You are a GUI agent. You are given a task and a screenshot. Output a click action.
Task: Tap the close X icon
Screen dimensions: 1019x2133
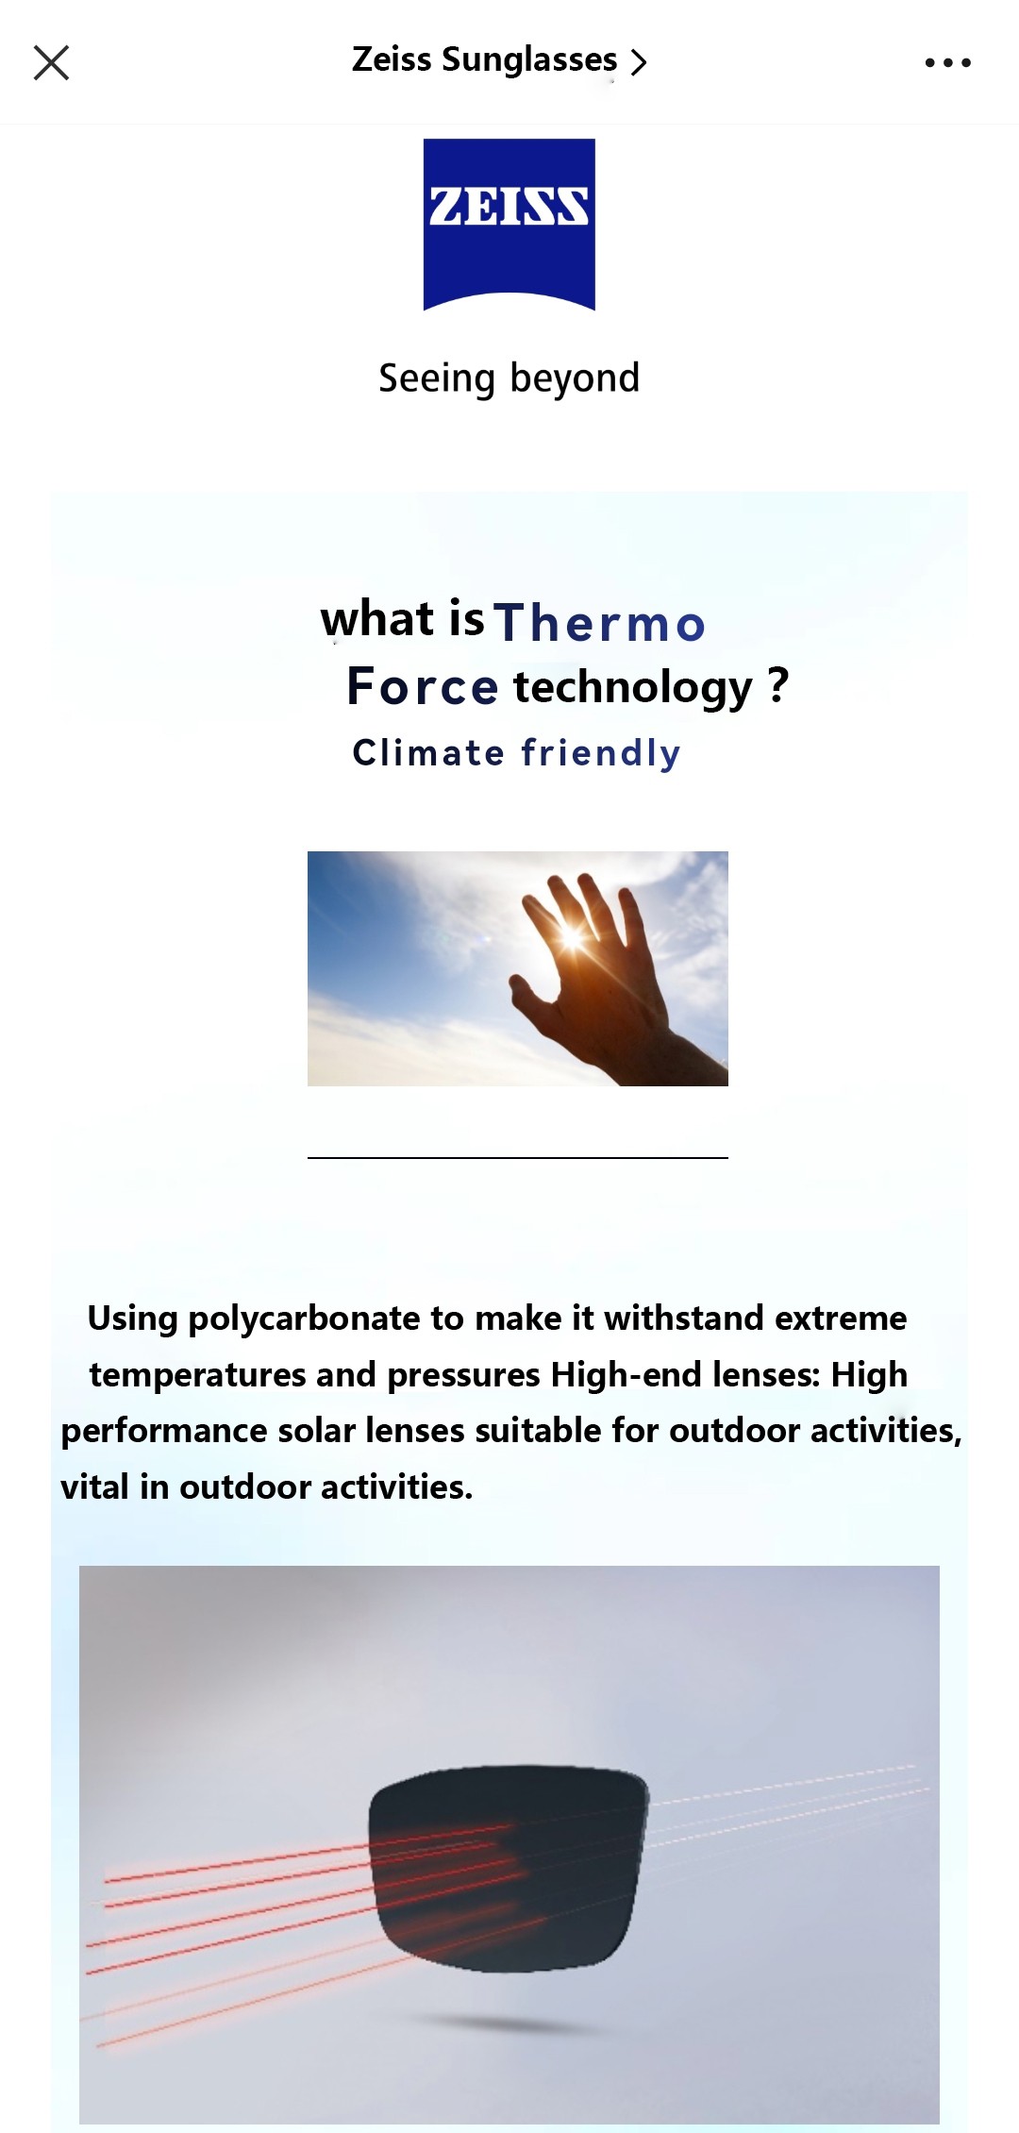pos(51,63)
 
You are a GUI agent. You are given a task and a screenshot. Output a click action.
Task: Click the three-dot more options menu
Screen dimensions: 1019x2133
pos(947,63)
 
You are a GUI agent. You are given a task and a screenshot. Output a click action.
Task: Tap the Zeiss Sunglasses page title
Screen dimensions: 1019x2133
pos(484,59)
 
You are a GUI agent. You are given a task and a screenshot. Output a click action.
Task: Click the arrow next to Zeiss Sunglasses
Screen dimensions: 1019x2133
pos(639,62)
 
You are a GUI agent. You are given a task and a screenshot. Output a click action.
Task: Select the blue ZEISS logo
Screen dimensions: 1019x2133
pos(509,224)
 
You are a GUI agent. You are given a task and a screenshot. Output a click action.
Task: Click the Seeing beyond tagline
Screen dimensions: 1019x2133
pos(509,378)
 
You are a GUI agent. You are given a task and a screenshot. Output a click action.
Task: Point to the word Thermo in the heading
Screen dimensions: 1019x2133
pos(600,623)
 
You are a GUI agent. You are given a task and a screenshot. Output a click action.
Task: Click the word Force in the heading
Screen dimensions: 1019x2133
pos(422,686)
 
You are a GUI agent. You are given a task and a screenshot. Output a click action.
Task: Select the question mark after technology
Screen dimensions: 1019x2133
pos(777,685)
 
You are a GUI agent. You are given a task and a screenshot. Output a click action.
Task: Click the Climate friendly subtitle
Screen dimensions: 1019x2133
pos(516,753)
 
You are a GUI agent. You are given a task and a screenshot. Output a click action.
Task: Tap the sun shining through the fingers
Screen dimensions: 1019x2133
pos(572,936)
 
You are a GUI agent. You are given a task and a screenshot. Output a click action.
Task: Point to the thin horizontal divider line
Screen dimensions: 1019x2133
pos(518,1157)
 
